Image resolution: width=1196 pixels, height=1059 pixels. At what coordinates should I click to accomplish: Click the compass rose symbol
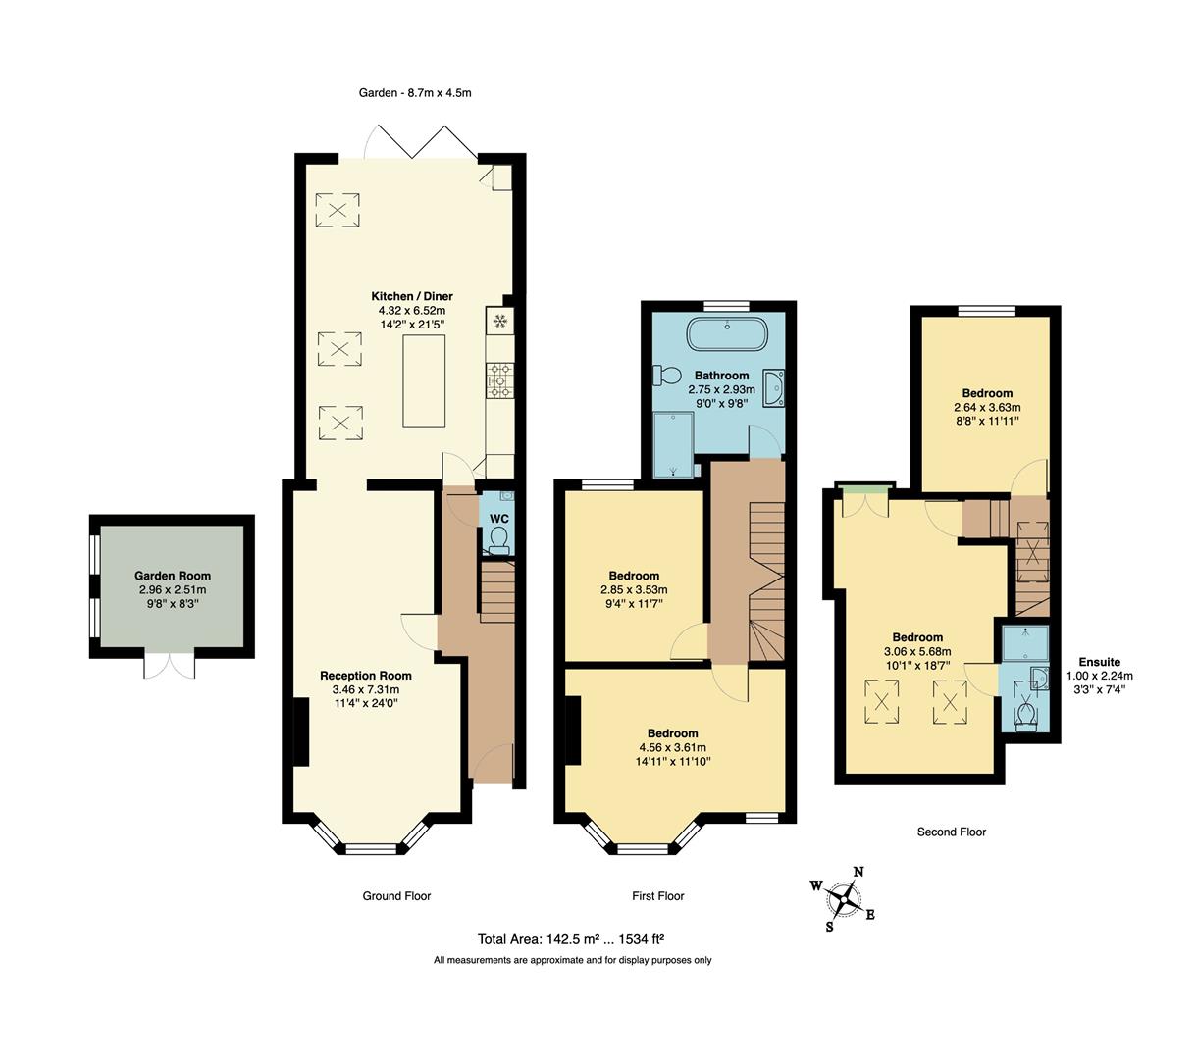click(843, 897)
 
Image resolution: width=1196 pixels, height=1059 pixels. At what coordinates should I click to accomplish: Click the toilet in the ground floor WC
click(499, 539)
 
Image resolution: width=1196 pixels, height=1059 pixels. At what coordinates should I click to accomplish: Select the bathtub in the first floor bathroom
click(727, 333)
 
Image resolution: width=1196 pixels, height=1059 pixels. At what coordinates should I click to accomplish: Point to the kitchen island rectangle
click(424, 380)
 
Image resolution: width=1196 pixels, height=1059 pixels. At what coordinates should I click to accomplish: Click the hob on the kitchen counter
click(498, 380)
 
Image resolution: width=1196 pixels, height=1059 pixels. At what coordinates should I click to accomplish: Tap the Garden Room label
click(173, 577)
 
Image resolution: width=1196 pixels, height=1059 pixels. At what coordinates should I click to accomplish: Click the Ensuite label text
click(1099, 662)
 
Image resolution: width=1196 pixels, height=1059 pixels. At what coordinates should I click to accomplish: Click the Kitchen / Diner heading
click(411, 296)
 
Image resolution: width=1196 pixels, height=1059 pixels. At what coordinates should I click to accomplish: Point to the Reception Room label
click(366, 676)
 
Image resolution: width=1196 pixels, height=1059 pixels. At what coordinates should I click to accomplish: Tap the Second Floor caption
click(951, 832)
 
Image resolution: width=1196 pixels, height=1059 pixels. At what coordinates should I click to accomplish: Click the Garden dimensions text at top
click(415, 93)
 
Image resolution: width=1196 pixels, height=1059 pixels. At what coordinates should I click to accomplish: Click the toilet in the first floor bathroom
click(669, 375)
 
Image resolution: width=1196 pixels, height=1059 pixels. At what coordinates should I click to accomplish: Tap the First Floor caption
click(657, 895)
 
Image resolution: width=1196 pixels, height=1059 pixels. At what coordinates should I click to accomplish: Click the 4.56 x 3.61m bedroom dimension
click(672, 747)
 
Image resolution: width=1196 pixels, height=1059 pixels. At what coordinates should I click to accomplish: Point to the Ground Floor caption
click(396, 895)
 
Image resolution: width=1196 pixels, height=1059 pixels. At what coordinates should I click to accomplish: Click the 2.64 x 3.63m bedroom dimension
click(987, 407)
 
